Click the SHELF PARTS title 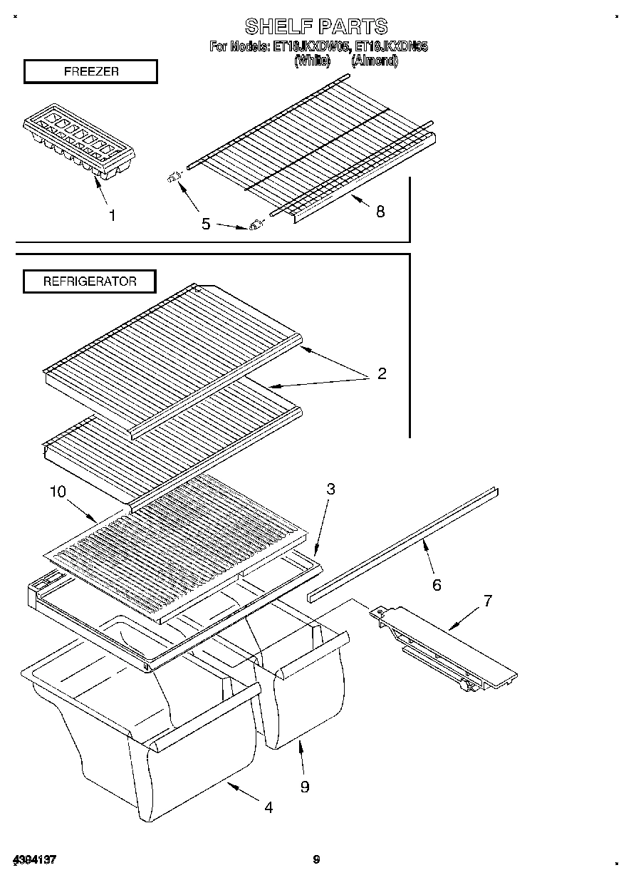(x=315, y=27)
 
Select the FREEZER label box (x=90, y=71)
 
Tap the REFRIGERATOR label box (x=90, y=281)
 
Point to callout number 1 (x=112, y=214)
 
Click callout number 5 (x=206, y=224)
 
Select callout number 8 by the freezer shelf (x=380, y=211)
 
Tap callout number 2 (x=382, y=373)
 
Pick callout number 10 (x=58, y=491)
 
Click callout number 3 (x=330, y=489)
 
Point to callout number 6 (x=436, y=585)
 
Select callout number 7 (x=487, y=600)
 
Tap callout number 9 (x=304, y=787)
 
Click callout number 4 (x=268, y=807)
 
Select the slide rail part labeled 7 (x=445, y=645)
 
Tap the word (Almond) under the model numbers (x=375, y=61)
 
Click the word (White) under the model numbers (x=312, y=61)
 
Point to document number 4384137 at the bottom (x=34, y=860)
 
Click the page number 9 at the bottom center (x=315, y=859)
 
